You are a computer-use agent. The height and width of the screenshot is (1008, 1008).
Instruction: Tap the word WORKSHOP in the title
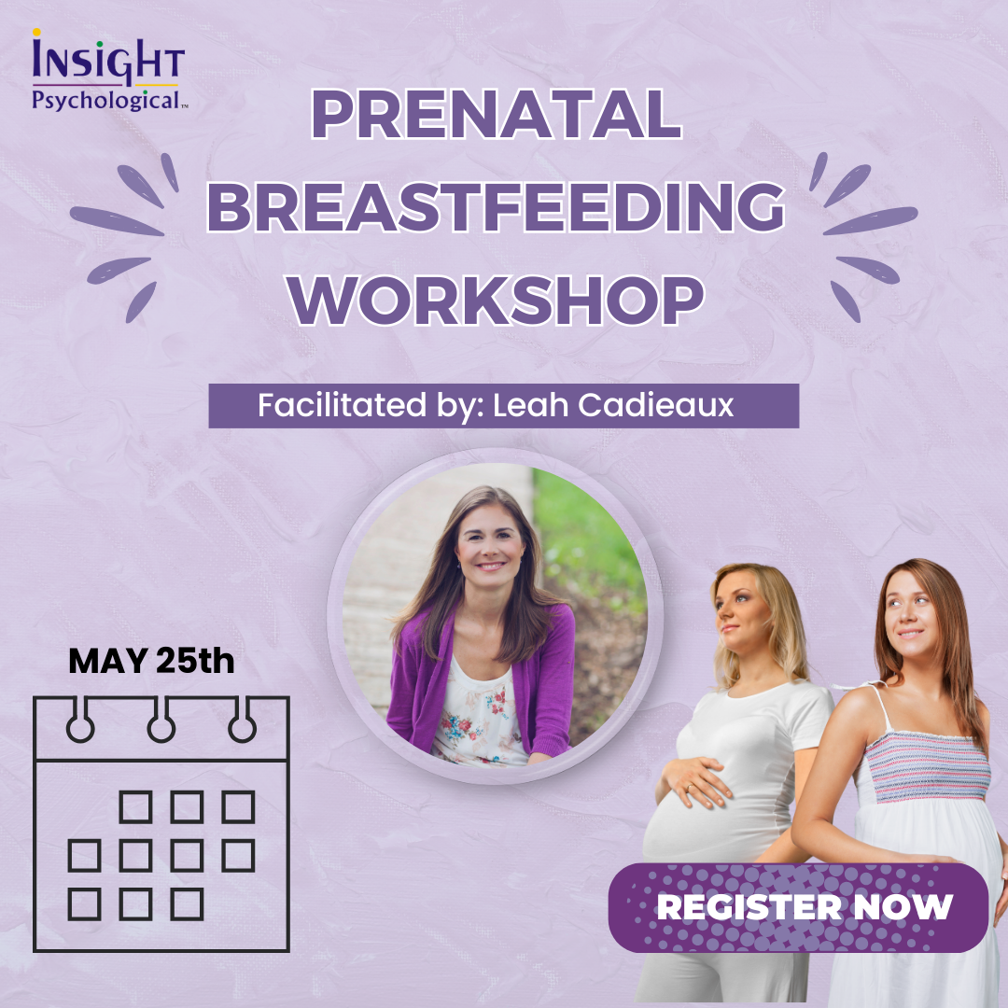coord(496,300)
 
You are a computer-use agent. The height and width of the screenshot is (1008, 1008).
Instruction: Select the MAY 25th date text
coord(151,660)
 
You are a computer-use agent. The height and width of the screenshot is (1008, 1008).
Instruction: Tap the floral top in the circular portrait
coord(478,714)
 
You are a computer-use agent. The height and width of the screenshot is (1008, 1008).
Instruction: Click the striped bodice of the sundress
coord(927,767)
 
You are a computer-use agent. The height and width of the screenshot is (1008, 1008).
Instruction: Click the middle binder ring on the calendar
coord(161,720)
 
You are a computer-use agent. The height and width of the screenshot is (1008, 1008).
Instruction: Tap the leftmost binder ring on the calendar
coord(79,720)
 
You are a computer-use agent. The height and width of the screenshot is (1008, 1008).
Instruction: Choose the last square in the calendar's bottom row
coord(187,903)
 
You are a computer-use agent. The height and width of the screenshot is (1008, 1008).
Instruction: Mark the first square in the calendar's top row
coord(135,807)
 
